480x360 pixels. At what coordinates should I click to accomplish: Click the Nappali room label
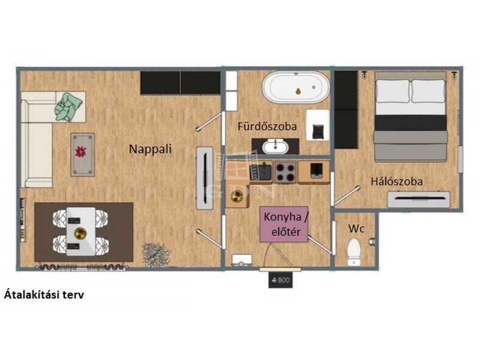pyautogui.click(x=150, y=149)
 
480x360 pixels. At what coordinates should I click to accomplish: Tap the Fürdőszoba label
pyautogui.click(x=267, y=126)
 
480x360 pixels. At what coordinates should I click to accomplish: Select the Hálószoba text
pyautogui.click(x=397, y=181)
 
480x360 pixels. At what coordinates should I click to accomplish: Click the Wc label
pyautogui.click(x=356, y=229)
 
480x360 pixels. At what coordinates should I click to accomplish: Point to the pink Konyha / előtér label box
pyautogui.click(x=284, y=224)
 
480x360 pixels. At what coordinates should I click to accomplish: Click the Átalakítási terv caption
pyautogui.click(x=44, y=295)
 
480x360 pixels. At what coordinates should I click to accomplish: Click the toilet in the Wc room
pyautogui.click(x=354, y=252)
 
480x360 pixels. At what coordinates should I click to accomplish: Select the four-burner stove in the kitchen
pyautogui.click(x=286, y=172)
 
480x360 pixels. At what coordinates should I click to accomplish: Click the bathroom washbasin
pyautogui.click(x=275, y=146)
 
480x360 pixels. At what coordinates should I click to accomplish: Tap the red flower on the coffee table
pyautogui.click(x=81, y=151)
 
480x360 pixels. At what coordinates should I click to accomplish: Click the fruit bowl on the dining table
pyautogui.click(x=80, y=233)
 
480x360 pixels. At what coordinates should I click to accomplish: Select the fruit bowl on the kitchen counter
pyautogui.click(x=237, y=196)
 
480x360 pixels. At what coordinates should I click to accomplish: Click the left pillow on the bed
pyautogui.click(x=392, y=91)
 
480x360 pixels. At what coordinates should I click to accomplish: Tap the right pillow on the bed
pyautogui.click(x=428, y=91)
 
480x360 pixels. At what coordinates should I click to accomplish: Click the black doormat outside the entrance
pyautogui.click(x=281, y=280)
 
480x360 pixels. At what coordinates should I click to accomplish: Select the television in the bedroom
pyautogui.click(x=418, y=199)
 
